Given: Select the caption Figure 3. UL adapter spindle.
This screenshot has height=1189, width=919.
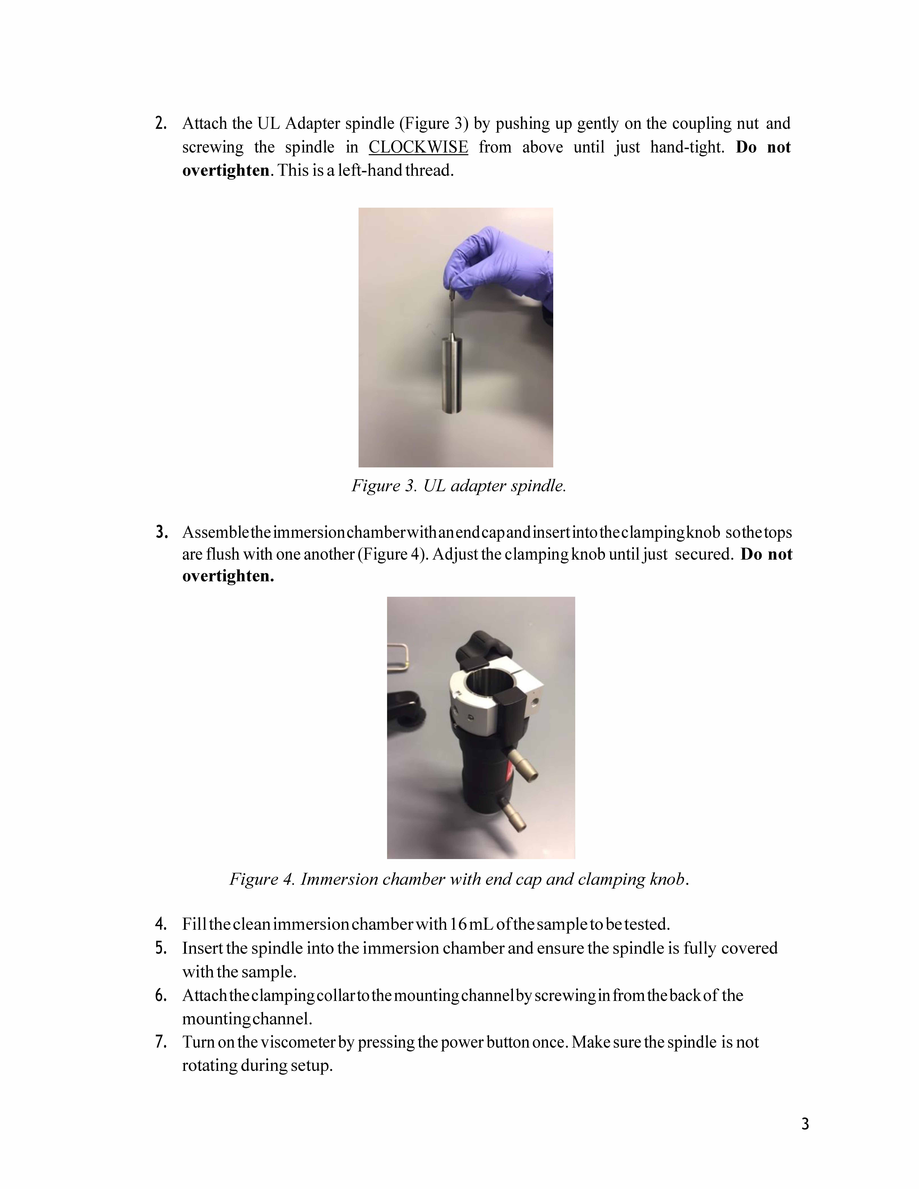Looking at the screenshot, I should tap(459, 486).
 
